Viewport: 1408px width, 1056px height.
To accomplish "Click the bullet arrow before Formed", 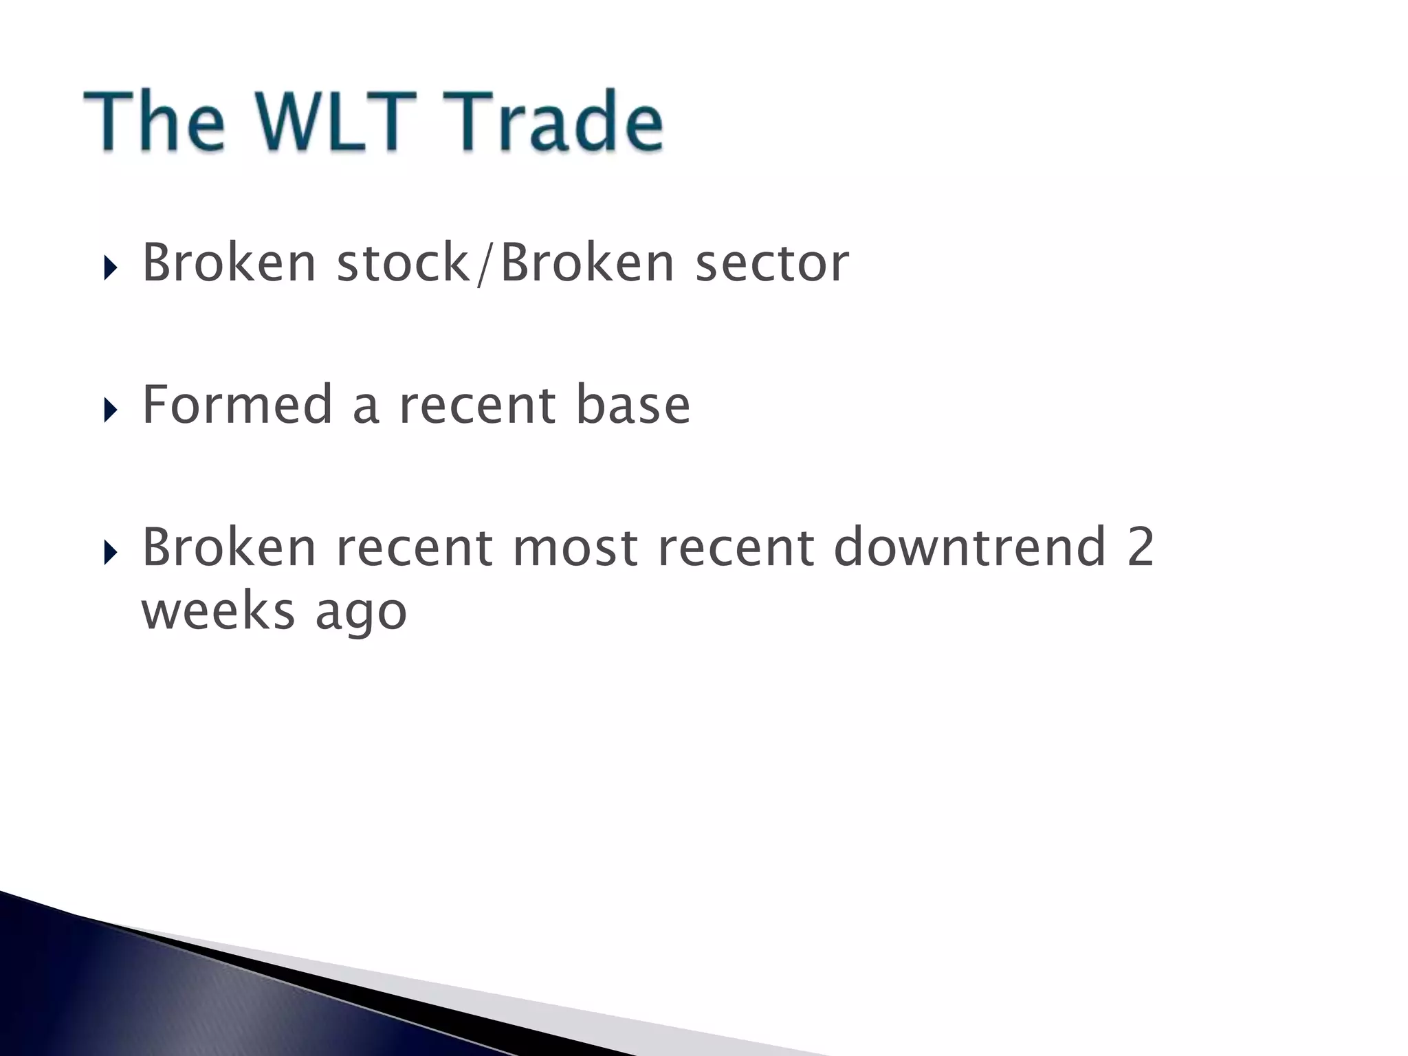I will coord(110,410).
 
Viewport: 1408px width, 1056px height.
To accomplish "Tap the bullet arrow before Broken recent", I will coord(110,552).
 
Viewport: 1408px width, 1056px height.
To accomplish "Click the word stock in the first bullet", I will coord(403,263).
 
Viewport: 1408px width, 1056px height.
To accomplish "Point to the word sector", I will coord(772,264).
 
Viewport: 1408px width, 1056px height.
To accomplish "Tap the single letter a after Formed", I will coord(365,408).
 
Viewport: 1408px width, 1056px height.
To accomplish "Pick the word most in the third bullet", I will coord(575,547).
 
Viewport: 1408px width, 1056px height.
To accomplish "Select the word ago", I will coord(361,614).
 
